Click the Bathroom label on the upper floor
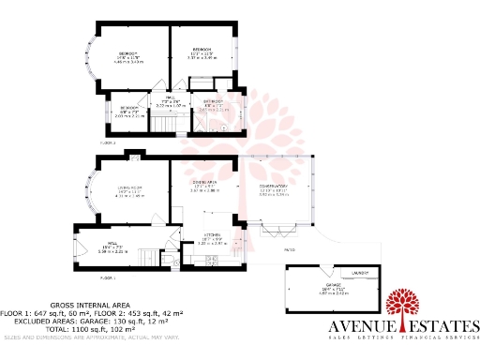tap(212, 102)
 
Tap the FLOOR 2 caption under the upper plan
tap(108, 143)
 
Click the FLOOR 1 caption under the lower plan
tap(108, 278)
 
